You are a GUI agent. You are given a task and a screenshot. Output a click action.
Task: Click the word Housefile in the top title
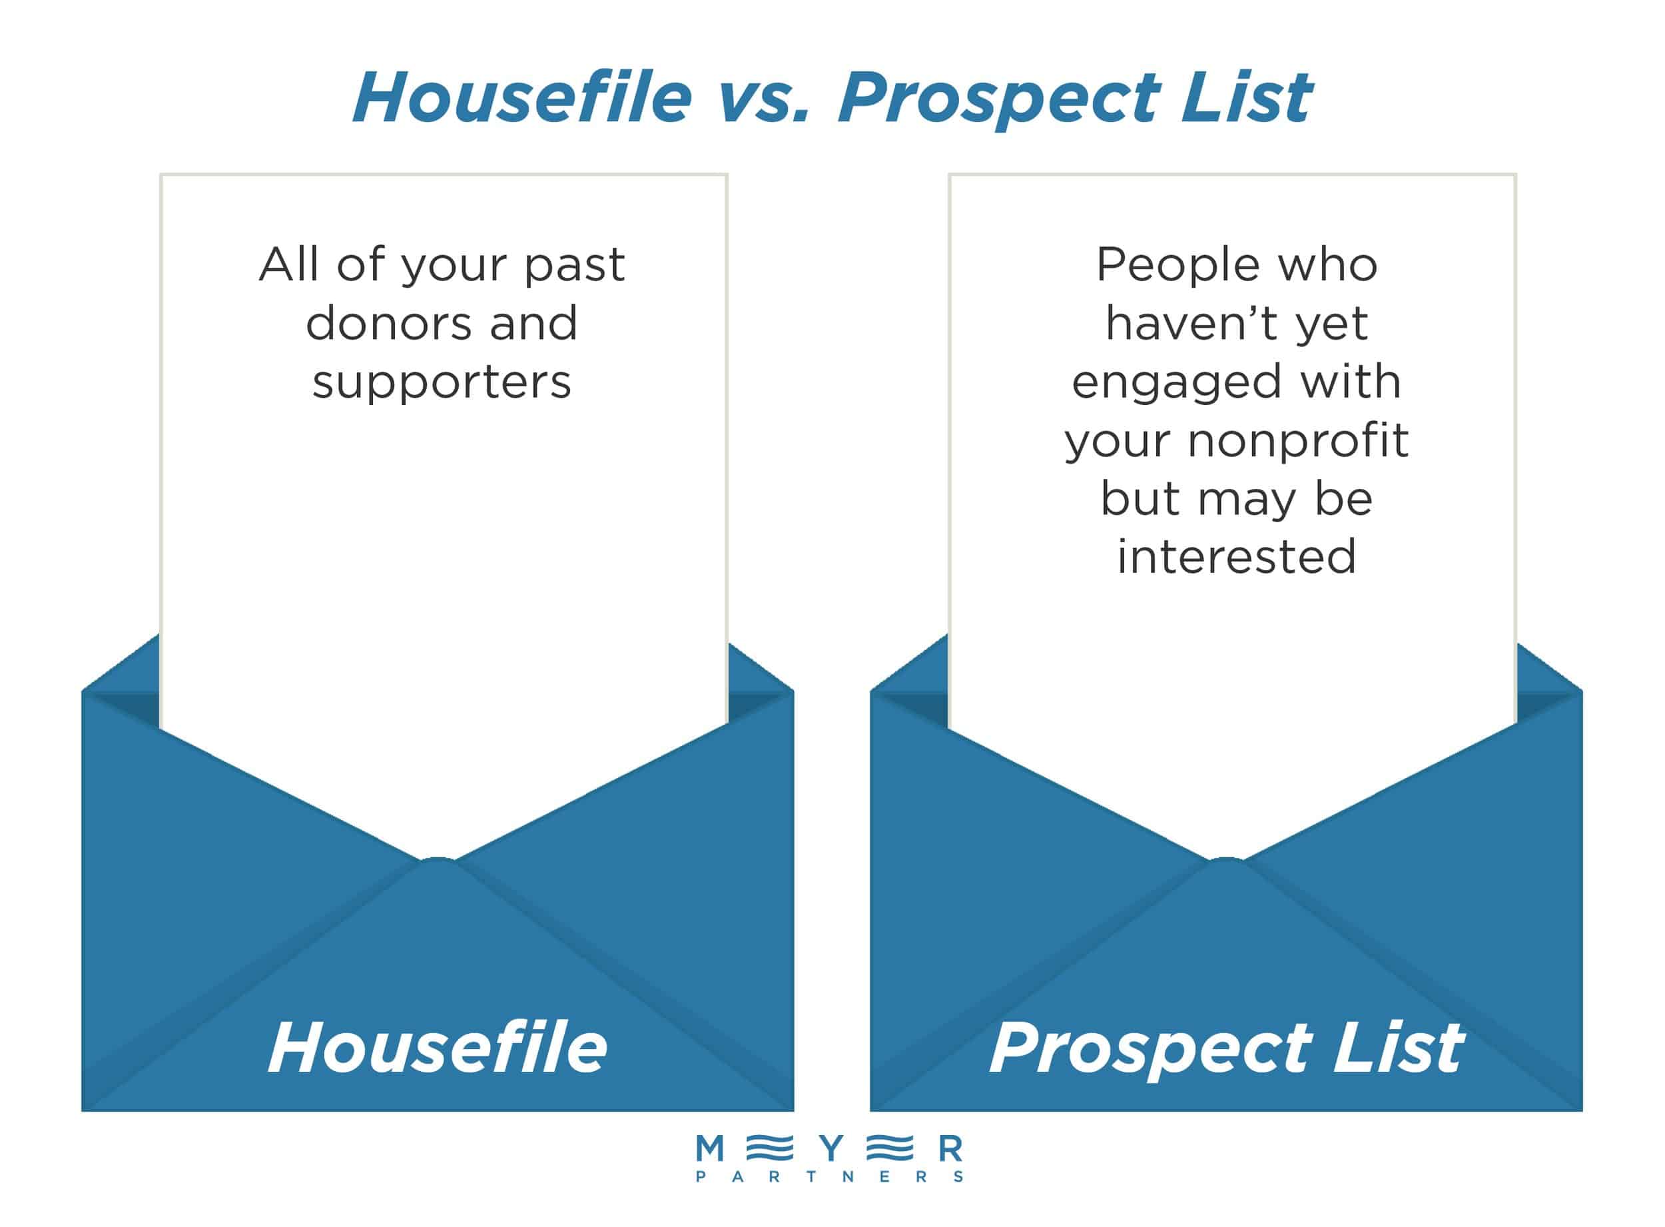(522, 98)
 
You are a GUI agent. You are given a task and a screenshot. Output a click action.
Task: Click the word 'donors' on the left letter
(386, 324)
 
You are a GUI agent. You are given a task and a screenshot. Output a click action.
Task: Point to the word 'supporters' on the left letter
(442, 383)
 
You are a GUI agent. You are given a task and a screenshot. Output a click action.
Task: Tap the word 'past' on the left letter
(575, 266)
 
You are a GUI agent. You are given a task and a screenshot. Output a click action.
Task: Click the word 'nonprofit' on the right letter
(1298, 441)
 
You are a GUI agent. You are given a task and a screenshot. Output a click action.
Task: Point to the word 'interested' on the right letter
(1237, 557)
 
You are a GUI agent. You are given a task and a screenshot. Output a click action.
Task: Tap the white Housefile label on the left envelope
(438, 1047)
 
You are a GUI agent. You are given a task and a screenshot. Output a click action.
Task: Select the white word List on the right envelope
(1398, 1047)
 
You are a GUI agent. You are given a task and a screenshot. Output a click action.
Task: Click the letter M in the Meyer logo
(710, 1149)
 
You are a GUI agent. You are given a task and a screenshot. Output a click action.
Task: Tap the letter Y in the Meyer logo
(832, 1149)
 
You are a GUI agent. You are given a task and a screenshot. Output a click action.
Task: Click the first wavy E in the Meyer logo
(769, 1149)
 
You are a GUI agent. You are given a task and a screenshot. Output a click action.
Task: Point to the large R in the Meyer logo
(951, 1149)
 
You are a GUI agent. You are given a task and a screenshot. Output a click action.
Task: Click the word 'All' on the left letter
(289, 264)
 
